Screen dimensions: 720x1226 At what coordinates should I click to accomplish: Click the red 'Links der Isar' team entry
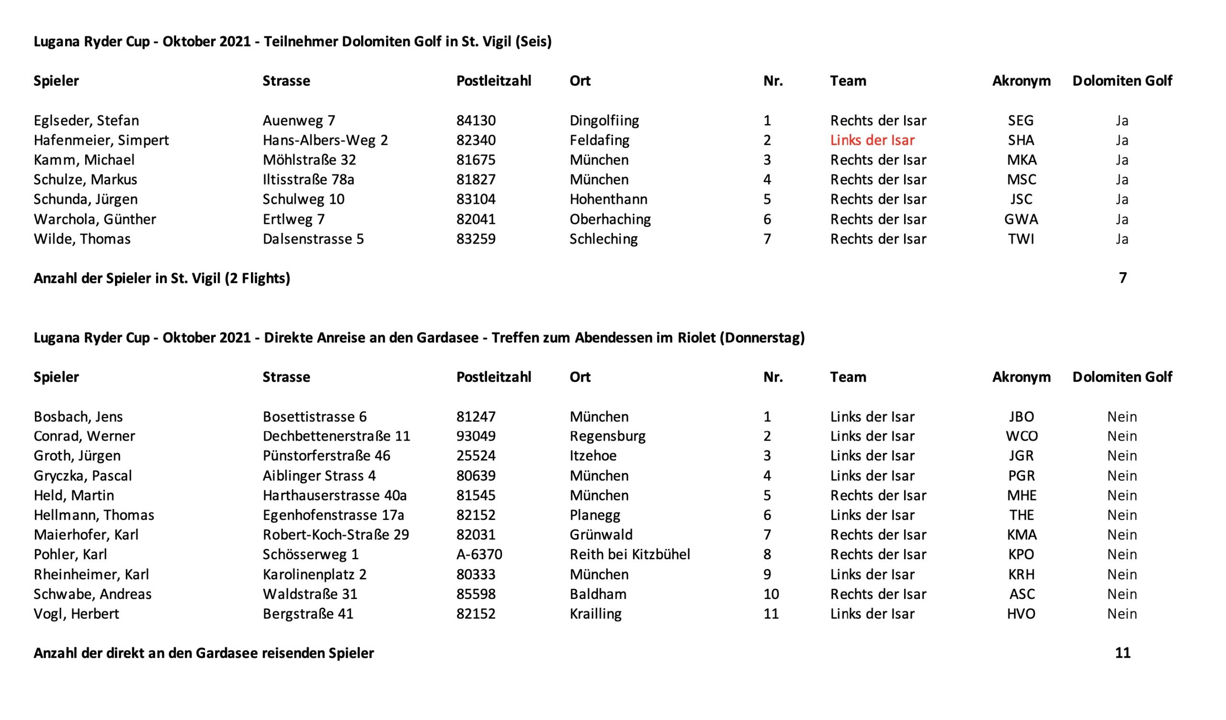coord(872,141)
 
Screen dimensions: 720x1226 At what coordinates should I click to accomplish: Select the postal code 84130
coord(476,121)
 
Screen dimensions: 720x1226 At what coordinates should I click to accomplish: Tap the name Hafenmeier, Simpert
coord(101,141)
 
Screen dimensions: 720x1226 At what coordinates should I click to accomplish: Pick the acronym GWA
coord(1021,219)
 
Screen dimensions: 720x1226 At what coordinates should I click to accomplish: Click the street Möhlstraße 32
coord(309,160)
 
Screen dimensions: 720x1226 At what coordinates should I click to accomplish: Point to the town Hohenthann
coord(608,199)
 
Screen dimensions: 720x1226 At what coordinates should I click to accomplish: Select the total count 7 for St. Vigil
coord(1123,278)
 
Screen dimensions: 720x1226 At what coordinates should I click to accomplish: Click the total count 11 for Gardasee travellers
coord(1123,653)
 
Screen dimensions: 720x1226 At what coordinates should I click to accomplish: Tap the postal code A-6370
coord(479,554)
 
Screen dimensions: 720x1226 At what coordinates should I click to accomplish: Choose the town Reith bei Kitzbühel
coord(630,554)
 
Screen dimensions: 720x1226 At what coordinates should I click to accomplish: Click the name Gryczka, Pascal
coord(83,476)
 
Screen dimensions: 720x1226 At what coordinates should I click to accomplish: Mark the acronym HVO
coord(1021,613)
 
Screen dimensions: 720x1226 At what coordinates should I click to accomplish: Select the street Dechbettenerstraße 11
coord(336,436)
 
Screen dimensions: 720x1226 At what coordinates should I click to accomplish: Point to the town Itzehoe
coord(592,455)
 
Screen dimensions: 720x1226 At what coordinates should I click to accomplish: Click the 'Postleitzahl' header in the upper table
coord(493,81)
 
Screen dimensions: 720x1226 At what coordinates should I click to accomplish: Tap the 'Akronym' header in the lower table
coord(1021,377)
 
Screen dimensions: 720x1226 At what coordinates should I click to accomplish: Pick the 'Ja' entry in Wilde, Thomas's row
coord(1122,239)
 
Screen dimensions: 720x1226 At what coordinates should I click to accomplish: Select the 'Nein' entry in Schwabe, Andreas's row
coord(1122,594)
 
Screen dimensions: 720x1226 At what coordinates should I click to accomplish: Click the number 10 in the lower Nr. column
coord(771,594)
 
